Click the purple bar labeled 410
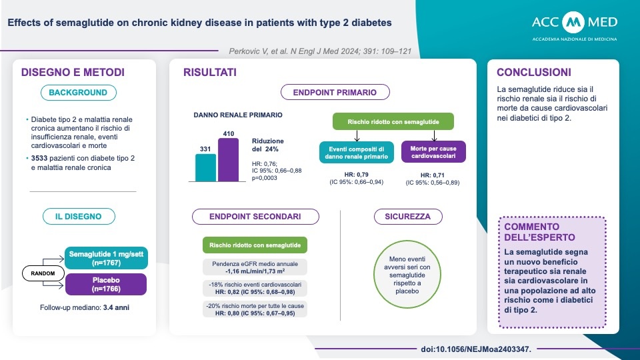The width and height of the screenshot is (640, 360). (228, 161)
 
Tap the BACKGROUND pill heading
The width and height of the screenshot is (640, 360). (78, 93)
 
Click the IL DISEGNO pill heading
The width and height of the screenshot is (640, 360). (78, 217)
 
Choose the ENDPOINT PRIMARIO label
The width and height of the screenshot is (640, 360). (336, 93)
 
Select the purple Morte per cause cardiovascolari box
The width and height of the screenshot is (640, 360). (433, 151)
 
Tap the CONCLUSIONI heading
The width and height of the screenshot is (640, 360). (534, 72)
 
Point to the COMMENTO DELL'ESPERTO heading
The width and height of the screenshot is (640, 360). (539, 231)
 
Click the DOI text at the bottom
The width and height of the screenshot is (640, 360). (476, 349)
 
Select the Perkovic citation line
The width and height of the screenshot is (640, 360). (305, 50)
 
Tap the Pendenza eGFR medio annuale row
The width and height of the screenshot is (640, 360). (255, 267)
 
